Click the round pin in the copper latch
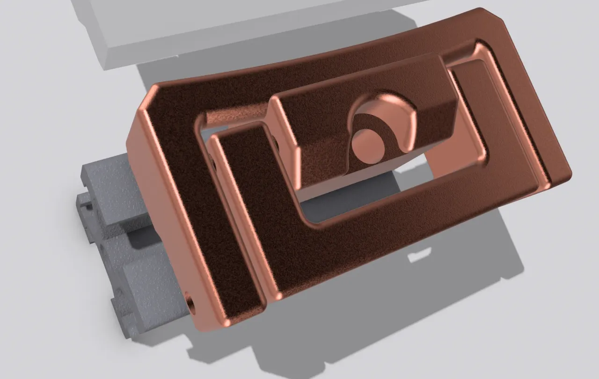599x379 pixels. click(368, 146)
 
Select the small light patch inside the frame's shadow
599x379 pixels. click(419, 256)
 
